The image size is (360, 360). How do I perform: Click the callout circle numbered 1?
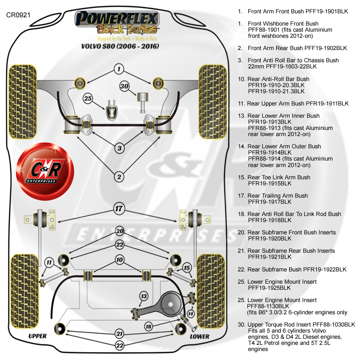pos(119,69)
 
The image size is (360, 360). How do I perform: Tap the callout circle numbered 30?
pos(125,86)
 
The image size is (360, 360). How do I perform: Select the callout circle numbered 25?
pos(88,98)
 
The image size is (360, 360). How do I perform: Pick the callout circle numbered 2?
pos(119,176)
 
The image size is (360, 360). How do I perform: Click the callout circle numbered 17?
pos(119,208)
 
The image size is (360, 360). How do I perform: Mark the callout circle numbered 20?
pos(120,231)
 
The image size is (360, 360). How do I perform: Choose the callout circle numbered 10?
pos(120,260)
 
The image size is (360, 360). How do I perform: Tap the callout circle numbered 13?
pos(144,296)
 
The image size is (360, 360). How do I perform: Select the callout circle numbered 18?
pos(149,327)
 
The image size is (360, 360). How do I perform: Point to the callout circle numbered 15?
pos(186,268)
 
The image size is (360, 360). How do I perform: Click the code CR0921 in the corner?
pos(18,15)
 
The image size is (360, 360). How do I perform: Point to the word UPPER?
pos(37,336)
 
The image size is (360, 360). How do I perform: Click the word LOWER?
pos(199,336)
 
